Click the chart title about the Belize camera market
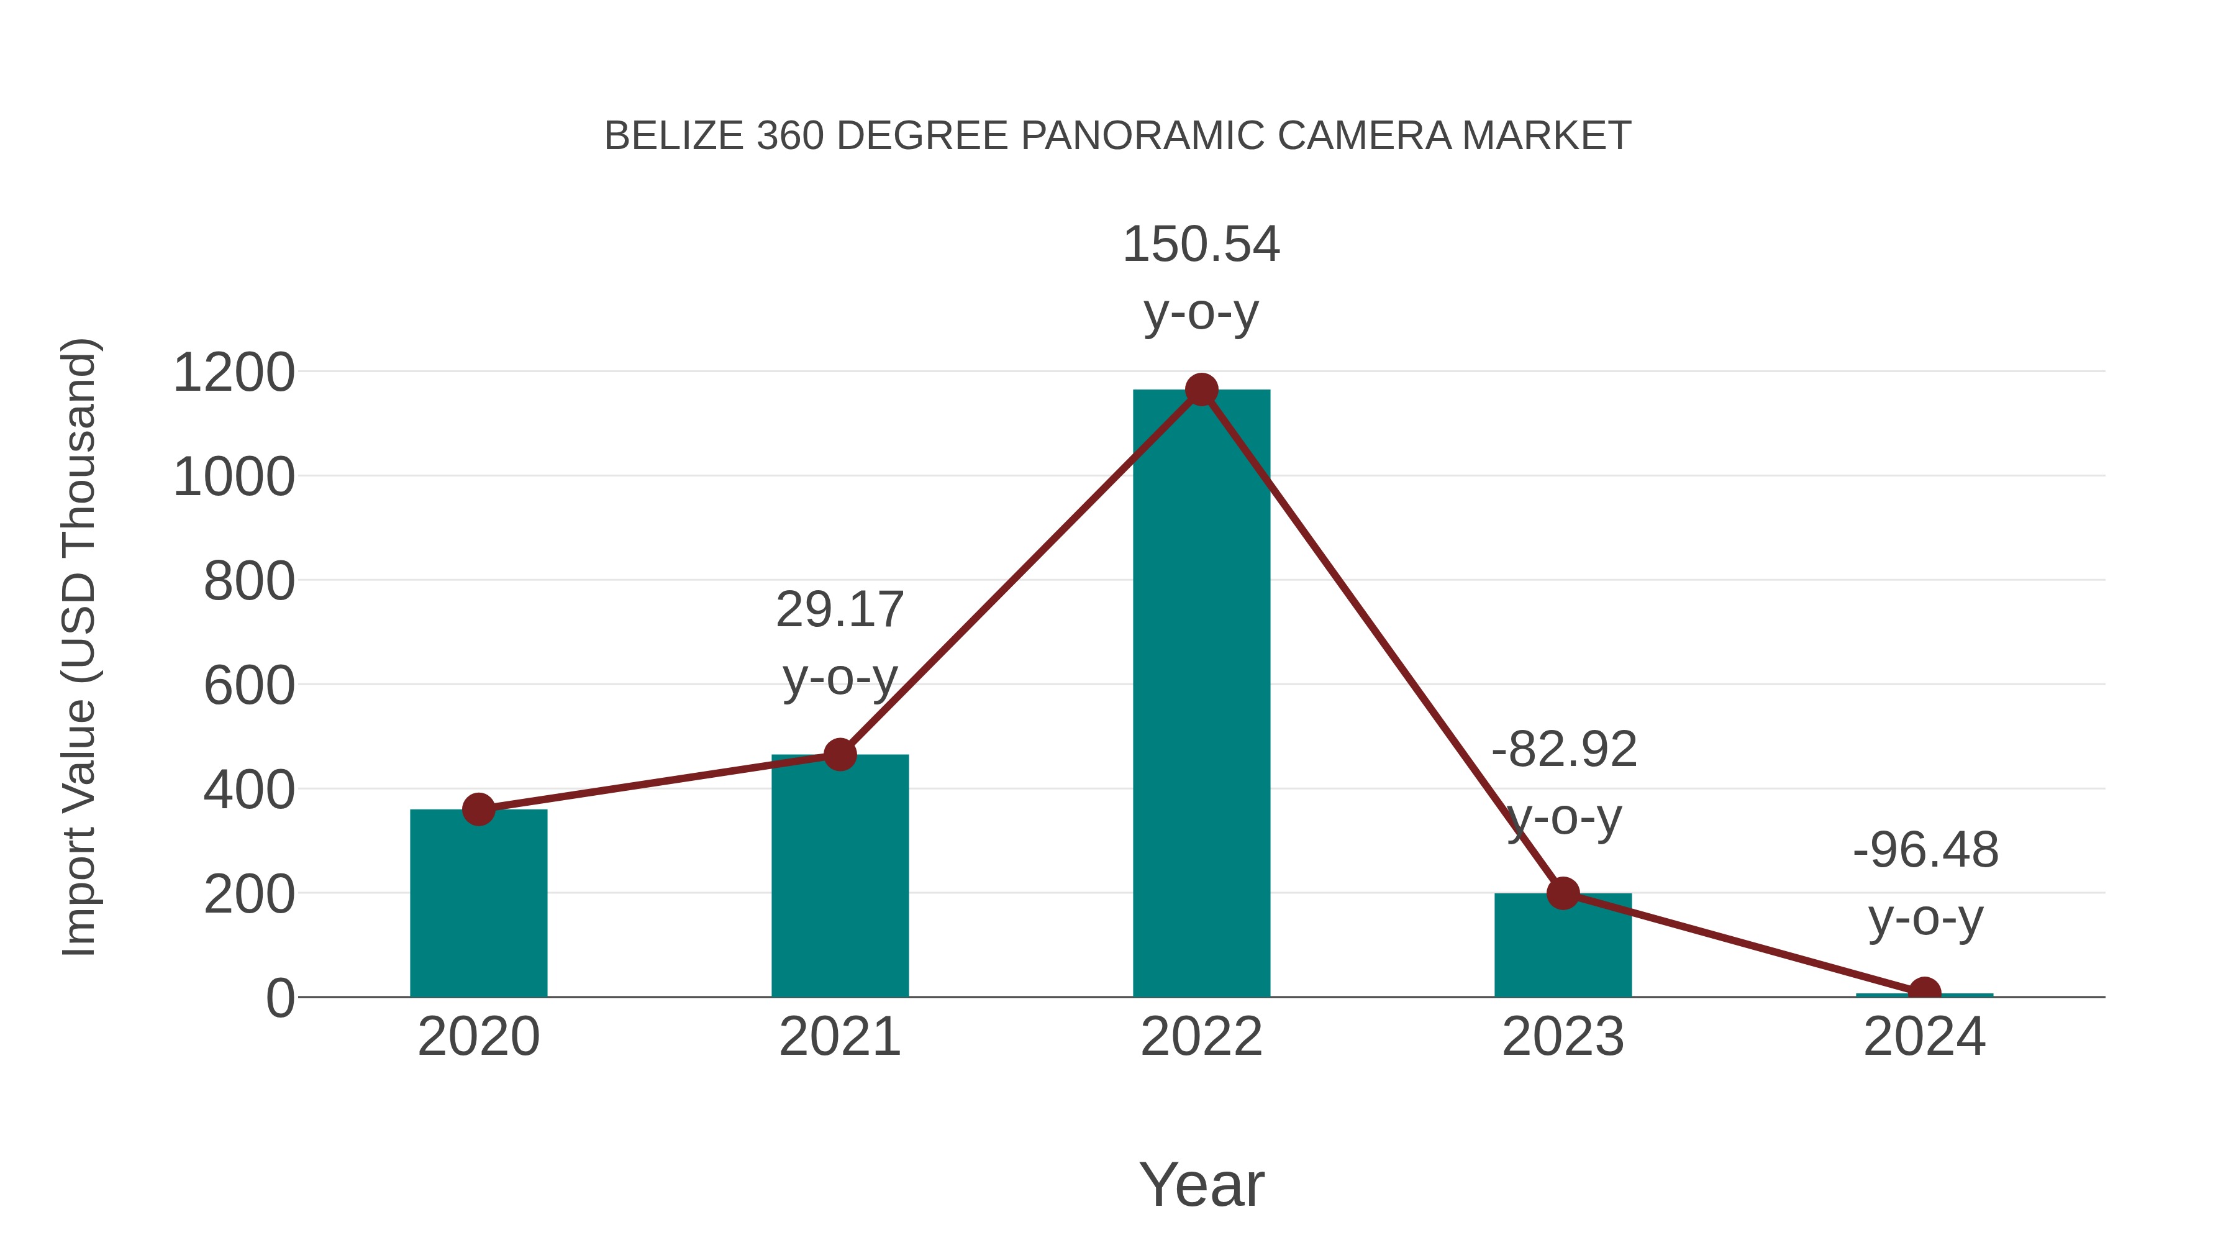coord(1117,136)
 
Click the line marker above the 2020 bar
coord(478,809)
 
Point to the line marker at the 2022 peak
coord(1201,390)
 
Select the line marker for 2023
coord(1563,893)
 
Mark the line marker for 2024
coord(1924,992)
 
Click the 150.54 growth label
coord(1201,244)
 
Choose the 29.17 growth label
coord(839,609)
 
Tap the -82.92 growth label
coord(1563,749)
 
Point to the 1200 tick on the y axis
coord(234,373)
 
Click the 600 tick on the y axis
coord(248,685)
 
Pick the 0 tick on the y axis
coord(279,998)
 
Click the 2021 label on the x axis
coord(839,1037)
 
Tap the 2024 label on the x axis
coord(1924,1037)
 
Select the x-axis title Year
coord(1201,1184)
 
